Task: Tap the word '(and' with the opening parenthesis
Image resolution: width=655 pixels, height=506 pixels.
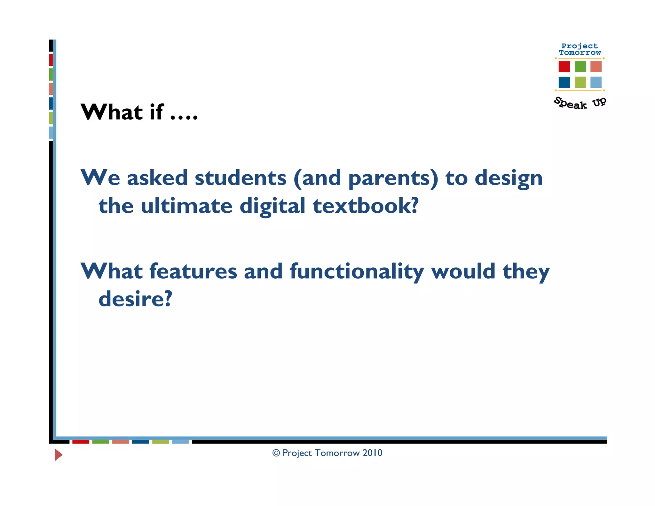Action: point(317,178)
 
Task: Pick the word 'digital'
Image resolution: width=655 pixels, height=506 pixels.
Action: point(272,206)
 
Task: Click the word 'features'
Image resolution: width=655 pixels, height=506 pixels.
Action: point(193,271)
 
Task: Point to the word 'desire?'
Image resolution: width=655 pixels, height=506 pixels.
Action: point(135,299)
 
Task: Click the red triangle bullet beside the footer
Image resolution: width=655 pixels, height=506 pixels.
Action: point(58,455)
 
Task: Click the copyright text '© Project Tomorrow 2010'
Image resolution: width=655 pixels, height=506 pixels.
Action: point(327,453)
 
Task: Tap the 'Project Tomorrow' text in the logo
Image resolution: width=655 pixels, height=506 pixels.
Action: point(580,49)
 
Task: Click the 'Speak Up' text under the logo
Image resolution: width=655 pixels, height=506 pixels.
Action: point(580,103)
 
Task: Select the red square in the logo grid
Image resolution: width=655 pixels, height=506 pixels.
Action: point(564,67)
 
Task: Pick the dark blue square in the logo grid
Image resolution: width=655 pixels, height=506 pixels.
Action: point(564,82)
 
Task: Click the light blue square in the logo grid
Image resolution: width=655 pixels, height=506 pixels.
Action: point(596,82)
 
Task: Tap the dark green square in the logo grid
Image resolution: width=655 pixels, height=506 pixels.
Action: point(580,67)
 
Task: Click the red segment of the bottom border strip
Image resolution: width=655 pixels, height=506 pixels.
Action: point(81,442)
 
